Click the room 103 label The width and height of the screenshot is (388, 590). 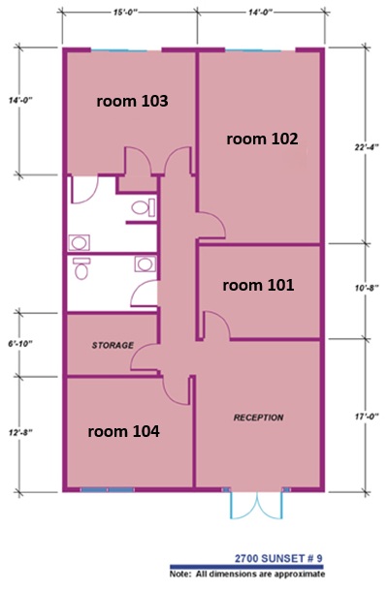click(x=132, y=101)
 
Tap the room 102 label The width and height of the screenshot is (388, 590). click(x=262, y=139)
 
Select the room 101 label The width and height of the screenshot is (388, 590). click(x=258, y=285)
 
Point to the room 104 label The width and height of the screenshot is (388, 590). click(x=123, y=431)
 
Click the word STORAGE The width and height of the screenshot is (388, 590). click(x=113, y=345)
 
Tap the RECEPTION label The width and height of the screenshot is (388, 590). click(x=259, y=418)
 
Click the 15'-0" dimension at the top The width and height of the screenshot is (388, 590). click(x=124, y=13)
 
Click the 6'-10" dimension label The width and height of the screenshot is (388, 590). click(x=20, y=344)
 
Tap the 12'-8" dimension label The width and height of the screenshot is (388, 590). click(x=20, y=433)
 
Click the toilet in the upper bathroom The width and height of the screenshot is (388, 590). click(x=144, y=207)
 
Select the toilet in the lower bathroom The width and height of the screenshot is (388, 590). click(x=81, y=268)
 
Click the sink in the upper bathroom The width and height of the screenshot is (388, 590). click(x=79, y=243)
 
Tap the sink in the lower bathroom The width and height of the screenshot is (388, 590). click(x=145, y=264)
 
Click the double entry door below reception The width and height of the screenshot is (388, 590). click(x=256, y=505)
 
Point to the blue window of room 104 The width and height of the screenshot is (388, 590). click(x=108, y=489)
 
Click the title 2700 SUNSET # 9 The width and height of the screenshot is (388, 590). click(x=278, y=558)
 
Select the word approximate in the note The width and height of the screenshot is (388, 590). click(x=300, y=574)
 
